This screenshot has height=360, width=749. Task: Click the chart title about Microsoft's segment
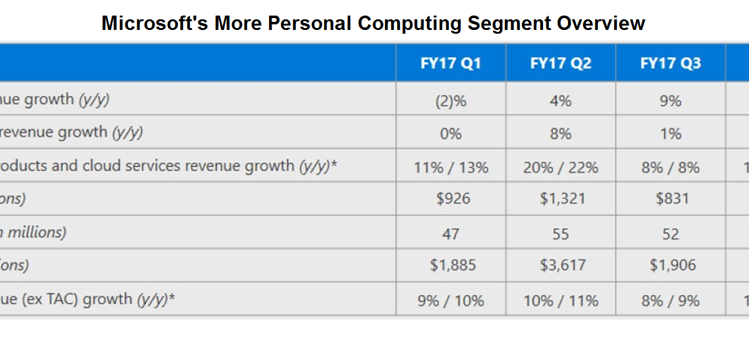tap(373, 23)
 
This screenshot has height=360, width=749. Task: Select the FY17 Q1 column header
tap(451, 64)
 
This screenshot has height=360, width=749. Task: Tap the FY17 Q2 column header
tap(561, 64)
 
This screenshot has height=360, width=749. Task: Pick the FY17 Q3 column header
tap(670, 64)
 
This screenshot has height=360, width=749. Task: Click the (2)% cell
tap(451, 100)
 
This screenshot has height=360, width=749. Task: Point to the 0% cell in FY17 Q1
tap(451, 134)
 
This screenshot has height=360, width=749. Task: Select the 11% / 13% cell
tap(451, 167)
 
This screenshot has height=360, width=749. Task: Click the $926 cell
tap(451, 199)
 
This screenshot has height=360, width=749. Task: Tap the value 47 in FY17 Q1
tap(451, 234)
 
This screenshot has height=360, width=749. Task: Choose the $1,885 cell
tap(451, 265)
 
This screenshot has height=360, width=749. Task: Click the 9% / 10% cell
tap(451, 301)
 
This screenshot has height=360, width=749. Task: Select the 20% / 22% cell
tap(561, 167)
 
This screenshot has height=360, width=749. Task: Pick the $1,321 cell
tap(561, 199)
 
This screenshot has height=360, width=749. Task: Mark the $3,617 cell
tap(561, 265)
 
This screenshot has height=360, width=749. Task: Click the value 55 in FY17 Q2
tap(561, 234)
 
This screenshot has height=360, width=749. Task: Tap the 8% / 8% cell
tap(670, 167)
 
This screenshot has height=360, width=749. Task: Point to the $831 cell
tap(670, 199)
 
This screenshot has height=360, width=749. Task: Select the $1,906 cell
tap(670, 265)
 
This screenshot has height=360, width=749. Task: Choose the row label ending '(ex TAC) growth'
tap(87, 299)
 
